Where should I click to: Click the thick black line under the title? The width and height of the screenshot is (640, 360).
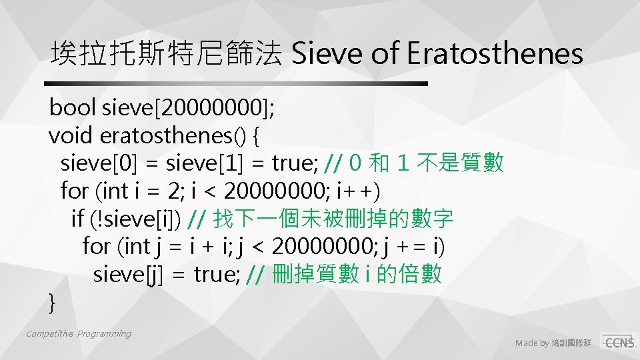(236, 84)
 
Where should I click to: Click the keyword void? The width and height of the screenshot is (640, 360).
(71, 135)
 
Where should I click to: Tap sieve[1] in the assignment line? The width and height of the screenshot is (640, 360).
(201, 163)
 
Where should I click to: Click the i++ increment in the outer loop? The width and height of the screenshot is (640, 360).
(359, 191)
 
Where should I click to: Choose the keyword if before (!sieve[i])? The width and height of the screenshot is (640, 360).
(77, 218)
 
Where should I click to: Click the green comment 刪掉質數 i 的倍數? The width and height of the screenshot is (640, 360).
(343, 273)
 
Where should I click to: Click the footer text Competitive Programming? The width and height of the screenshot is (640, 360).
(79, 333)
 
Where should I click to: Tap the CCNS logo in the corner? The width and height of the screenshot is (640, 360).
(618, 341)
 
